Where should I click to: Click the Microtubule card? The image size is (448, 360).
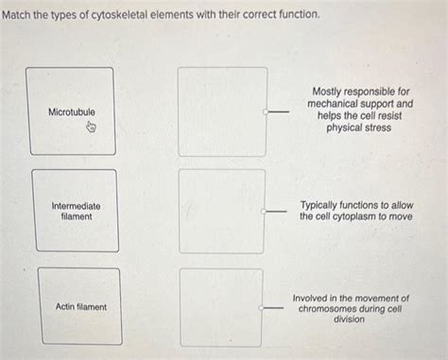(71, 111)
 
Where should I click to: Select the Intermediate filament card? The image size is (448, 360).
(76, 210)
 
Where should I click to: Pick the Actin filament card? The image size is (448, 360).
(80, 306)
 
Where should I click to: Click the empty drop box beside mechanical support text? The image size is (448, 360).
(222, 111)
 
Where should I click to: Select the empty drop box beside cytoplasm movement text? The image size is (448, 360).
(222, 211)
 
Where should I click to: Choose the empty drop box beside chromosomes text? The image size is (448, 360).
(221, 306)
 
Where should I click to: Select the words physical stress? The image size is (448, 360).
(358, 128)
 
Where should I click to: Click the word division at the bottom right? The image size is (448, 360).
(349, 319)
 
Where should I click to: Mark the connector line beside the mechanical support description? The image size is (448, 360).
(276, 111)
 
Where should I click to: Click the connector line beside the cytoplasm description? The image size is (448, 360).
(276, 211)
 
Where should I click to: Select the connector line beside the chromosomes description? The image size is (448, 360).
(276, 306)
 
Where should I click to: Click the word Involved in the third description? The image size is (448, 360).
(313, 297)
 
